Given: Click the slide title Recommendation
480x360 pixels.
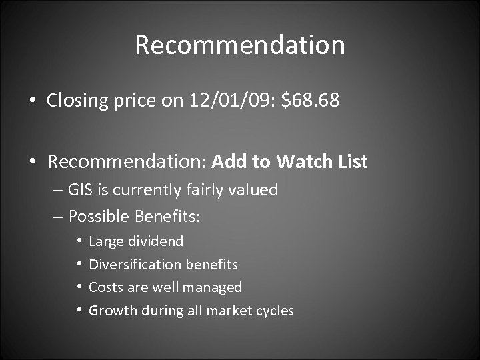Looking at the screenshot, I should [x=240, y=45].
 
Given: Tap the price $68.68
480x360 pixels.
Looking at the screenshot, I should [x=311, y=101].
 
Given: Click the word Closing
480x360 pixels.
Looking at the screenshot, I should [x=78, y=101].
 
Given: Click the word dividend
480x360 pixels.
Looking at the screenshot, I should [x=155, y=241].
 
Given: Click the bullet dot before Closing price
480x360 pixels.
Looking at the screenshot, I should [x=32, y=102].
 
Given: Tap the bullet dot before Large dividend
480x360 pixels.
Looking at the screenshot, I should [x=79, y=241].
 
